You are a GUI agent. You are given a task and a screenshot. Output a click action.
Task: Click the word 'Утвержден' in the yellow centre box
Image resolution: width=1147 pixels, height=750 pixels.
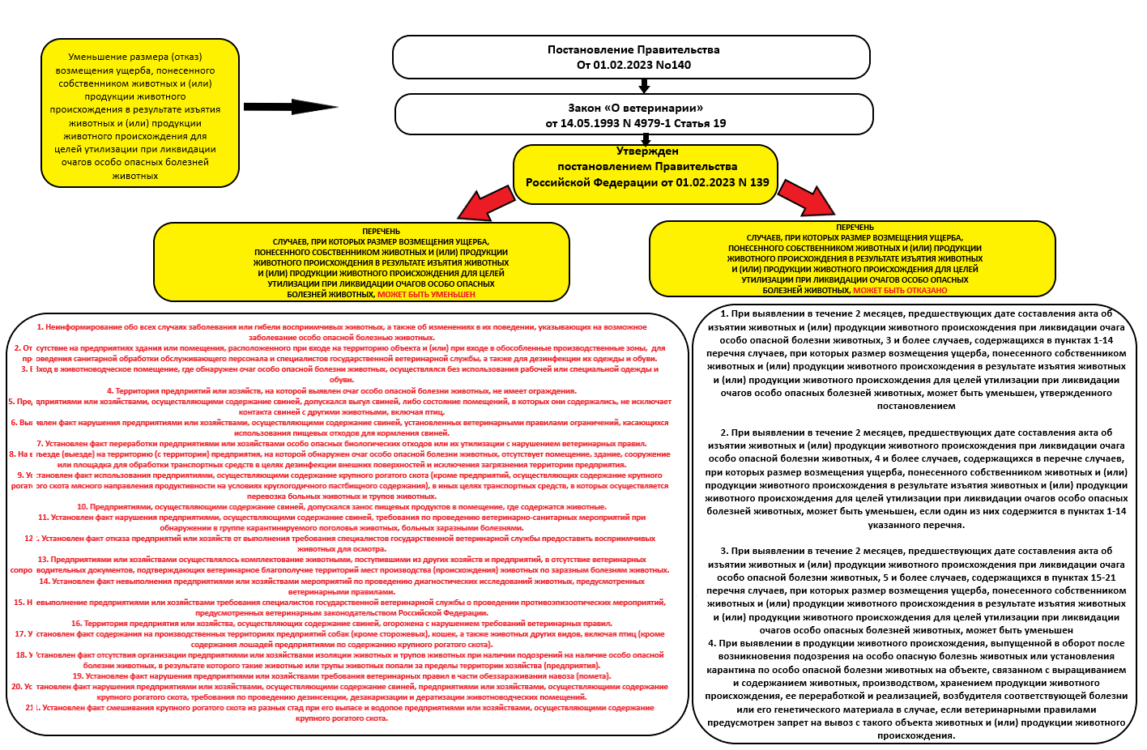pyautogui.click(x=647, y=151)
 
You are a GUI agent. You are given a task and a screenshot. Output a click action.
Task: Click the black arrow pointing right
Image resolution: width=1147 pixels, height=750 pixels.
pyautogui.click(x=290, y=107)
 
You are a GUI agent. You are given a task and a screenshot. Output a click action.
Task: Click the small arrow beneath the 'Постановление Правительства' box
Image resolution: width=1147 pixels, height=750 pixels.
pyautogui.click(x=644, y=86)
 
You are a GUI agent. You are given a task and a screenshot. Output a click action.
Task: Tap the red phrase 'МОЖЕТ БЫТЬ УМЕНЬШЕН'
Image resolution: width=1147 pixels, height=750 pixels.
pyautogui.click(x=426, y=295)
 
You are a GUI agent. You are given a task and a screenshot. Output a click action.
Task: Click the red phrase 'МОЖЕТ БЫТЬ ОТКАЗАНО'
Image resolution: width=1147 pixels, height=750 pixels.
pyautogui.click(x=900, y=290)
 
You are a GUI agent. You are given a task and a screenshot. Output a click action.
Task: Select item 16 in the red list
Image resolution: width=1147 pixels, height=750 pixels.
pyautogui.click(x=341, y=624)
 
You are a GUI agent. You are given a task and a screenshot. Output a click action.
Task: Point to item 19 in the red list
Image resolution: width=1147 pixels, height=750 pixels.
pyautogui.click(x=341, y=676)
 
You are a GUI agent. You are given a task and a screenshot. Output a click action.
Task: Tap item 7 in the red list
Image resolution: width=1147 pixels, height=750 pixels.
pyautogui.click(x=341, y=444)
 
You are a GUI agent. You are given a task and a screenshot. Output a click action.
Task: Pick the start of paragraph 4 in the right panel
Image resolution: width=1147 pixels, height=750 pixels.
pyautogui.click(x=714, y=643)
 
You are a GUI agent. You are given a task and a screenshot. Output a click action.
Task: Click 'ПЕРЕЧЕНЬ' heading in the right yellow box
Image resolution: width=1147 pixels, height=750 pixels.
pyautogui.click(x=855, y=228)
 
